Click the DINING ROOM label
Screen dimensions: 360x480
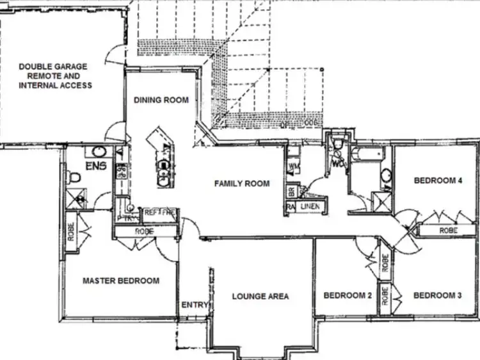click(x=161, y=100)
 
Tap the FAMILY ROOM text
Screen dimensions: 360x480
click(x=241, y=184)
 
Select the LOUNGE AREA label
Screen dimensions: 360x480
click(x=260, y=296)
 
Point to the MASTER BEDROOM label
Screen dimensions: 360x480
click(x=121, y=281)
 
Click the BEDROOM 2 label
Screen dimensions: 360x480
click(x=348, y=295)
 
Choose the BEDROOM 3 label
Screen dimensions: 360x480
click(x=438, y=295)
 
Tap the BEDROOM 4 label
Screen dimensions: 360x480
click(x=438, y=181)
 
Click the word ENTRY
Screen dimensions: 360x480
click(x=195, y=305)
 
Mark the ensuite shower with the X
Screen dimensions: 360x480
click(x=79, y=199)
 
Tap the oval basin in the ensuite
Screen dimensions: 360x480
click(x=99, y=152)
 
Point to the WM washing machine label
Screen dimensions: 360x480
click(x=294, y=167)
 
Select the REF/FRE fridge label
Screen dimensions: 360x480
click(x=159, y=212)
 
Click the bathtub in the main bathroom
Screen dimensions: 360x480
click(x=367, y=154)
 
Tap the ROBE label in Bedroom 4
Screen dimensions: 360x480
click(x=447, y=230)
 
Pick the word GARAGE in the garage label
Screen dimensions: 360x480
click(x=69, y=67)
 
